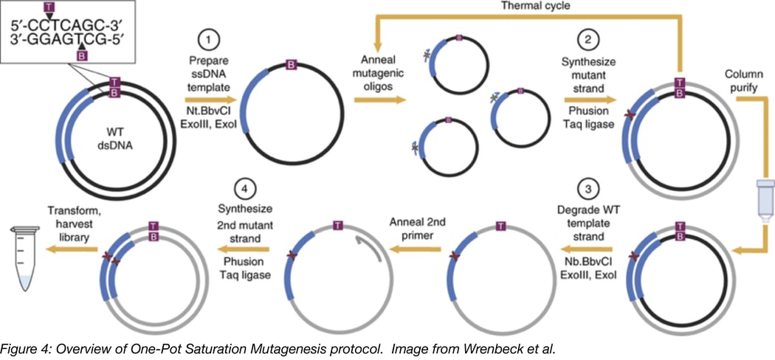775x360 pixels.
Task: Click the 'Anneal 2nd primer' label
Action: pos(414,225)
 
